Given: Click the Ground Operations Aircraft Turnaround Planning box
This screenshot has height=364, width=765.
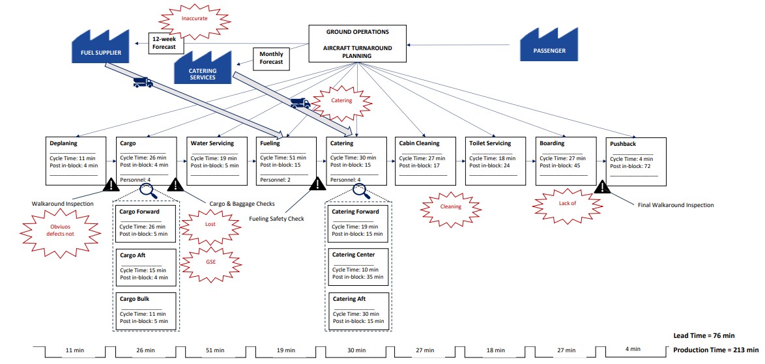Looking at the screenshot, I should coord(358,44).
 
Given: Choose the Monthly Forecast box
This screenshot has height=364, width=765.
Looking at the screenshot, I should coord(271,58).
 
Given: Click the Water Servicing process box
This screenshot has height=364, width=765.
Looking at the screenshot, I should coord(216,161).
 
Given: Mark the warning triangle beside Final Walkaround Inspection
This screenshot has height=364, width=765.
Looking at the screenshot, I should coord(602,188).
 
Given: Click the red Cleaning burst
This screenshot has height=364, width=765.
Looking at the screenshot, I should coord(450,206).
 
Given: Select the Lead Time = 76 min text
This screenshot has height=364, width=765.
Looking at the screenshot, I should coord(704,335).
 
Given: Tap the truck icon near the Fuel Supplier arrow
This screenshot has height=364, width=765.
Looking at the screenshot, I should coord(142,82).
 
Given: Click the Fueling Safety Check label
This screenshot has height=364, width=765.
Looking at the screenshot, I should coord(276,219).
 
